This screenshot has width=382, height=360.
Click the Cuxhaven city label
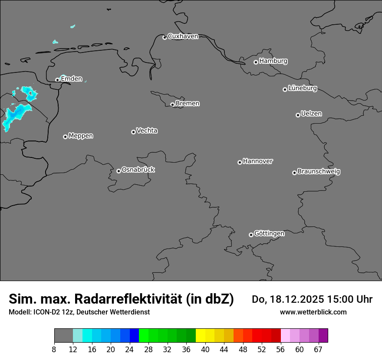(183, 36)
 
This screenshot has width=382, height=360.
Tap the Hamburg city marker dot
(256, 62)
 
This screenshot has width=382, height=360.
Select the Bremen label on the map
(188, 104)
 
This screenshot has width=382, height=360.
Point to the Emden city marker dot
(57, 80)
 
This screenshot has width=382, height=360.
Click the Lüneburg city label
(303, 88)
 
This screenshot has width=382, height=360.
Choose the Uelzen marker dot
(298, 115)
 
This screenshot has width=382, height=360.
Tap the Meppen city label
(81, 136)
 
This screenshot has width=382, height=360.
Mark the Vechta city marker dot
(133, 132)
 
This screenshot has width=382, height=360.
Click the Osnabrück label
(138, 170)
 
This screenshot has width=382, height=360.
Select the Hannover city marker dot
(240, 162)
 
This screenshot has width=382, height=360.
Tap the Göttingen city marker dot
(251, 235)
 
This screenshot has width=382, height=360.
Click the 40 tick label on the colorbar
(205, 350)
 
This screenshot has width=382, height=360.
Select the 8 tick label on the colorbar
(54, 350)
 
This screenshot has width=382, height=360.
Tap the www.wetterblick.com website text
(313, 312)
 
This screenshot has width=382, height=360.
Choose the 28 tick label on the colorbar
(148, 350)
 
